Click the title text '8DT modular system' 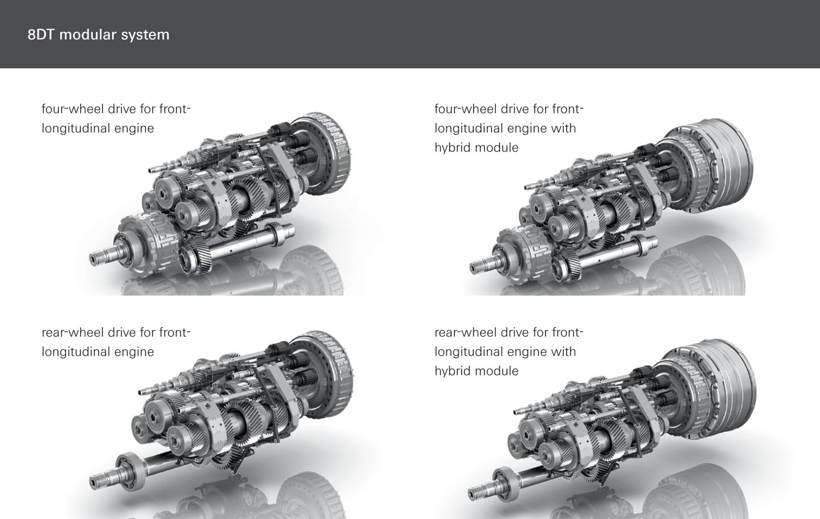[x=99, y=35]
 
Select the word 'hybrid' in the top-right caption [x=453, y=147]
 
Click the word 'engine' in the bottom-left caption [x=134, y=352]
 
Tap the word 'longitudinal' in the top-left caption [x=75, y=129]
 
